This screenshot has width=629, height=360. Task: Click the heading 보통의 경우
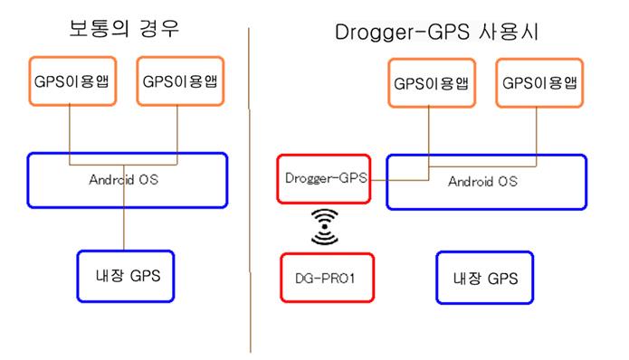[125, 27]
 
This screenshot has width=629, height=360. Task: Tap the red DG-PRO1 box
[323, 279]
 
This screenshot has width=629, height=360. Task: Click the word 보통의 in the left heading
[101, 27]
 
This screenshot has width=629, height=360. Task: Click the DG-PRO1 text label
[323, 279]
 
